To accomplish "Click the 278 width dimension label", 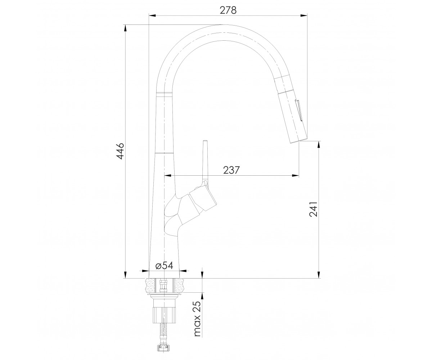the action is click(x=228, y=10).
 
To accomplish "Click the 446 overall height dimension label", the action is click(x=120, y=151).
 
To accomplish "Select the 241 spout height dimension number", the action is click(x=313, y=209).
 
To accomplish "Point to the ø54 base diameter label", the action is click(x=164, y=265).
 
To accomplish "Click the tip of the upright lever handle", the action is click(x=205, y=141).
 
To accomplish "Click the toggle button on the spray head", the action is click(x=299, y=110).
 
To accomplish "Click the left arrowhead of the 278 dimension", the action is click(x=152, y=15).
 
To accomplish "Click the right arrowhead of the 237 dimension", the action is click(x=296, y=176).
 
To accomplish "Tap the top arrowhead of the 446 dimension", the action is click(x=125, y=28).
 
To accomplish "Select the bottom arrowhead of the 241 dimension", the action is click(x=319, y=275).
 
